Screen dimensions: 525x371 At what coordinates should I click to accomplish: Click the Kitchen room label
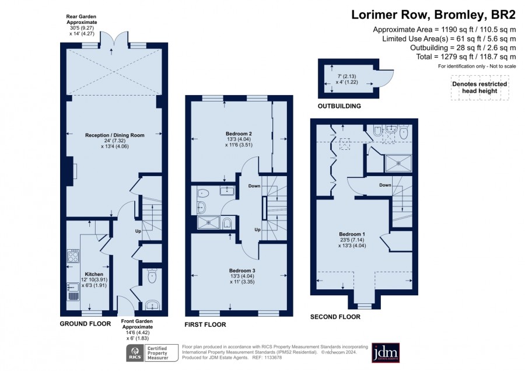tap(94, 274)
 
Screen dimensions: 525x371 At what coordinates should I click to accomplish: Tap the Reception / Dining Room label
tap(115, 135)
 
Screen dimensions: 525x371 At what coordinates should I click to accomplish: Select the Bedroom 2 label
tap(239, 134)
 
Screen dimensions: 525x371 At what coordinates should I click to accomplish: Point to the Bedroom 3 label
tap(243, 271)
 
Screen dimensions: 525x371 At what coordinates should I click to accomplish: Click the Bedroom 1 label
tap(352, 234)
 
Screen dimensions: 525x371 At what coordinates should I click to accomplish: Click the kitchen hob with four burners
tap(73, 256)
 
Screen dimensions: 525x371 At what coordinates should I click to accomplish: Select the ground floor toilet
tap(152, 276)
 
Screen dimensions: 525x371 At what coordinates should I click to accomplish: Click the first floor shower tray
tap(208, 223)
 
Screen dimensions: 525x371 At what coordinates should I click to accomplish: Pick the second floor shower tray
tap(398, 163)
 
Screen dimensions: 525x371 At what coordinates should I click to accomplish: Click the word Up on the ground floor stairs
tap(138, 231)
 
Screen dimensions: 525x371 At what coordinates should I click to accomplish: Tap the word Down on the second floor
tap(385, 185)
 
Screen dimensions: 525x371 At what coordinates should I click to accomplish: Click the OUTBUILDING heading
tap(339, 106)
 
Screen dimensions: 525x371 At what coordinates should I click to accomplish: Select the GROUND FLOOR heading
tap(85, 324)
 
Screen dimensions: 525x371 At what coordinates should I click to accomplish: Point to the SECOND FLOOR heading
tap(335, 317)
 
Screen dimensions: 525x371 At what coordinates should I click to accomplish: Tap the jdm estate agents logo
tap(386, 352)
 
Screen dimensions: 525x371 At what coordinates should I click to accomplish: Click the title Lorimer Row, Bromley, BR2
tap(433, 15)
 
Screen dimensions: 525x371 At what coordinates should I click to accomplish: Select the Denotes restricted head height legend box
tap(480, 87)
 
